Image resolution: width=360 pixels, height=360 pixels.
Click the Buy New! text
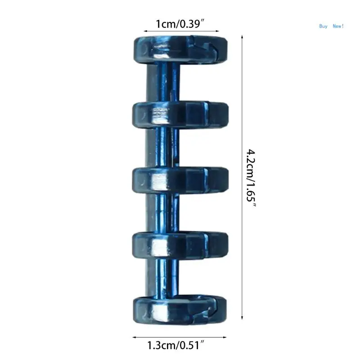coord(331,26)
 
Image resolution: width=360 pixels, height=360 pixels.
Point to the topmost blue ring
coord(180,49)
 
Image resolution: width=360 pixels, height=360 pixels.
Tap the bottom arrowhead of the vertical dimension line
coord(243,319)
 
